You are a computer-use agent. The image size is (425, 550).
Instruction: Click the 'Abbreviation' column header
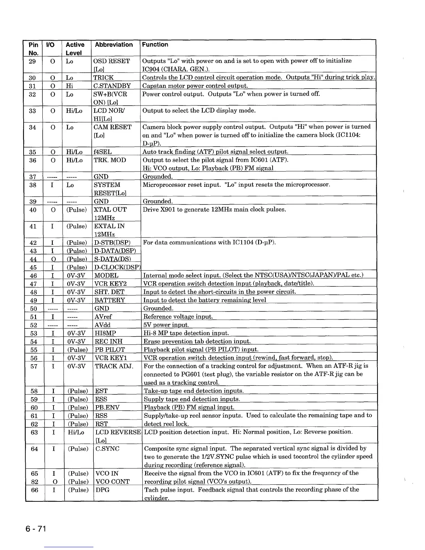point(114,45)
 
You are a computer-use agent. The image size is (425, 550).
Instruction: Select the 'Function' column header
point(155,44)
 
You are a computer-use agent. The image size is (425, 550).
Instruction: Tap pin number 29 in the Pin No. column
point(33,61)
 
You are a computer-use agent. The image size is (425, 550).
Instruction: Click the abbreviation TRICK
point(103,77)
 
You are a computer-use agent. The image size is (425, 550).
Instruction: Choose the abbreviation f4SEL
point(102,152)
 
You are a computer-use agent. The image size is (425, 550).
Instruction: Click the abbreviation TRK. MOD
point(110,160)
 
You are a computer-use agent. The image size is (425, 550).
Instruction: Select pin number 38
point(33,185)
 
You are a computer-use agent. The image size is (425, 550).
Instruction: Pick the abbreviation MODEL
point(107,275)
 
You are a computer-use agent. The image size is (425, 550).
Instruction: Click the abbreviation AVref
point(103,317)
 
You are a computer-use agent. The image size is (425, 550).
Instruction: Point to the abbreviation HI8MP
point(105,333)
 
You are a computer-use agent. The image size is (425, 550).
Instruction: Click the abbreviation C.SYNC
point(107,449)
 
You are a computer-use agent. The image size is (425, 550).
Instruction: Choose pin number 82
point(34,482)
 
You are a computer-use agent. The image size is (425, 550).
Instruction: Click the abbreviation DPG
point(102,490)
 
